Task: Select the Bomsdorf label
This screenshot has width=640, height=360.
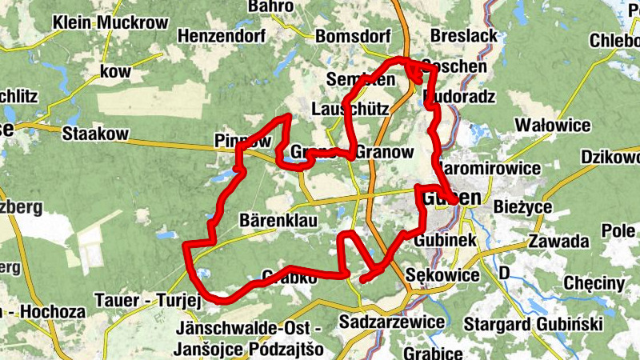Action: point(353,37)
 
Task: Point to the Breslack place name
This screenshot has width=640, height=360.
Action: point(464,36)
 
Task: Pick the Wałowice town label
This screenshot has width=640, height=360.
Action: point(553,126)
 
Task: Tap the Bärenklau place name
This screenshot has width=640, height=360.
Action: point(279,219)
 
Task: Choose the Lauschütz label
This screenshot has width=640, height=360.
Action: point(350,109)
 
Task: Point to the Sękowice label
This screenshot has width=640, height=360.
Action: point(442,276)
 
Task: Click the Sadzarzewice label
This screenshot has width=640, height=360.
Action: point(391,322)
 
